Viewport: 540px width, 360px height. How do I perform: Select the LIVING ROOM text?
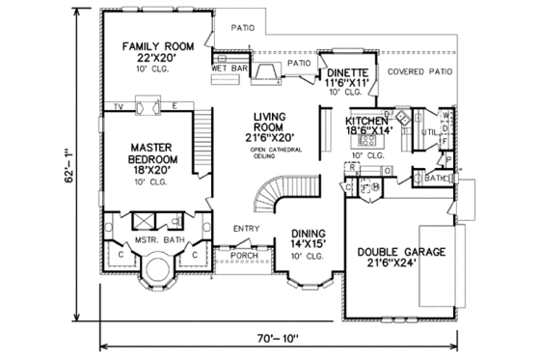[273, 122]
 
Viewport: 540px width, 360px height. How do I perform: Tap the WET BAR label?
[227, 69]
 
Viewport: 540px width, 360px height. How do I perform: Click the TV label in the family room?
[119, 105]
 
